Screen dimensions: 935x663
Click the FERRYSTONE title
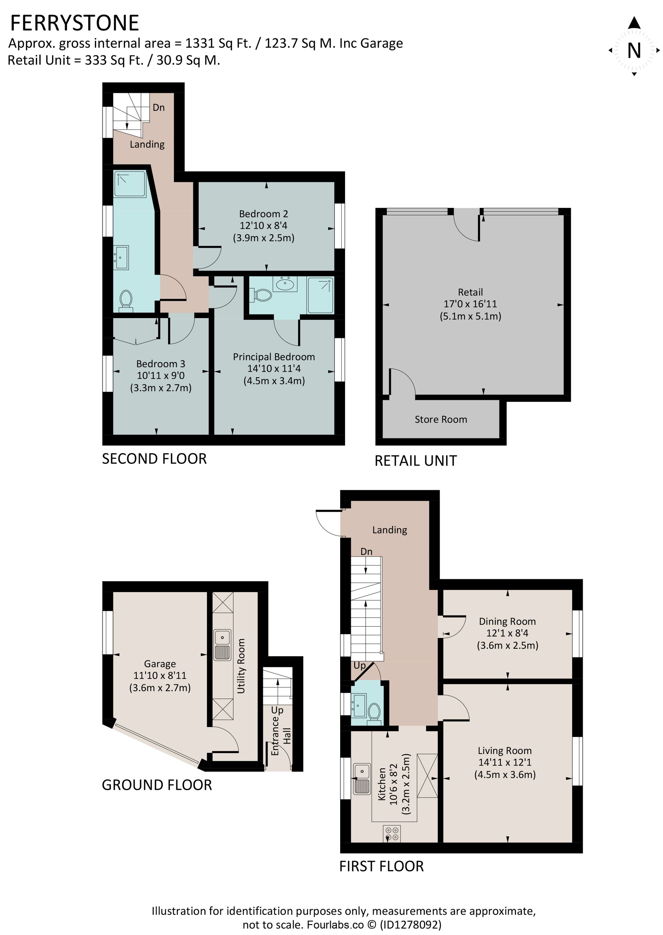pyautogui.click(x=74, y=23)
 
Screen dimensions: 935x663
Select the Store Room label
pyautogui.click(x=441, y=420)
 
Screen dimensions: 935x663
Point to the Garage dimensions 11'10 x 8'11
pyautogui.click(x=160, y=676)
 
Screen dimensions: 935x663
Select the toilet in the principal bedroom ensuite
pyautogui.click(x=263, y=295)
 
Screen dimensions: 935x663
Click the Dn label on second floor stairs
pyautogui.click(x=158, y=107)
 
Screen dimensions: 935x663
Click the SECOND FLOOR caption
pyautogui.click(x=154, y=459)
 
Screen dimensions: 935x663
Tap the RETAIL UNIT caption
pyautogui.click(x=416, y=461)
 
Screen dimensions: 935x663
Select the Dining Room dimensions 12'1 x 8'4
pyautogui.click(x=507, y=633)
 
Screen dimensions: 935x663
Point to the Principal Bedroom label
pyautogui.click(x=274, y=357)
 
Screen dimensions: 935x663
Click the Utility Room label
pyautogui.click(x=241, y=666)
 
